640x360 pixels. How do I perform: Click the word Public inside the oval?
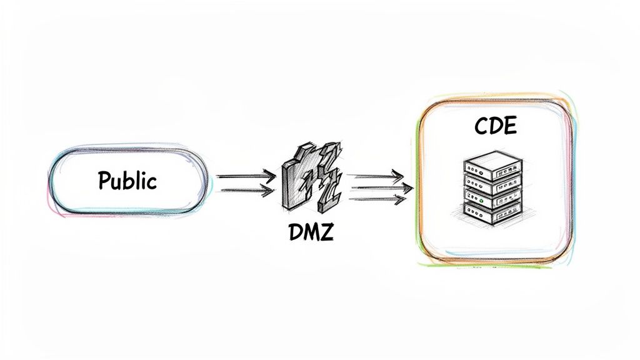[127, 181]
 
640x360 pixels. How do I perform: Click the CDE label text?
[495, 127]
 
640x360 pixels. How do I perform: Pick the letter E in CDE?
[510, 127]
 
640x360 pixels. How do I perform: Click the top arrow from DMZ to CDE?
[375, 176]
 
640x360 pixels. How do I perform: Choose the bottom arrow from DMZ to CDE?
[377, 199]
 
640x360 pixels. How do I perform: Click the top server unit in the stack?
[493, 164]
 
